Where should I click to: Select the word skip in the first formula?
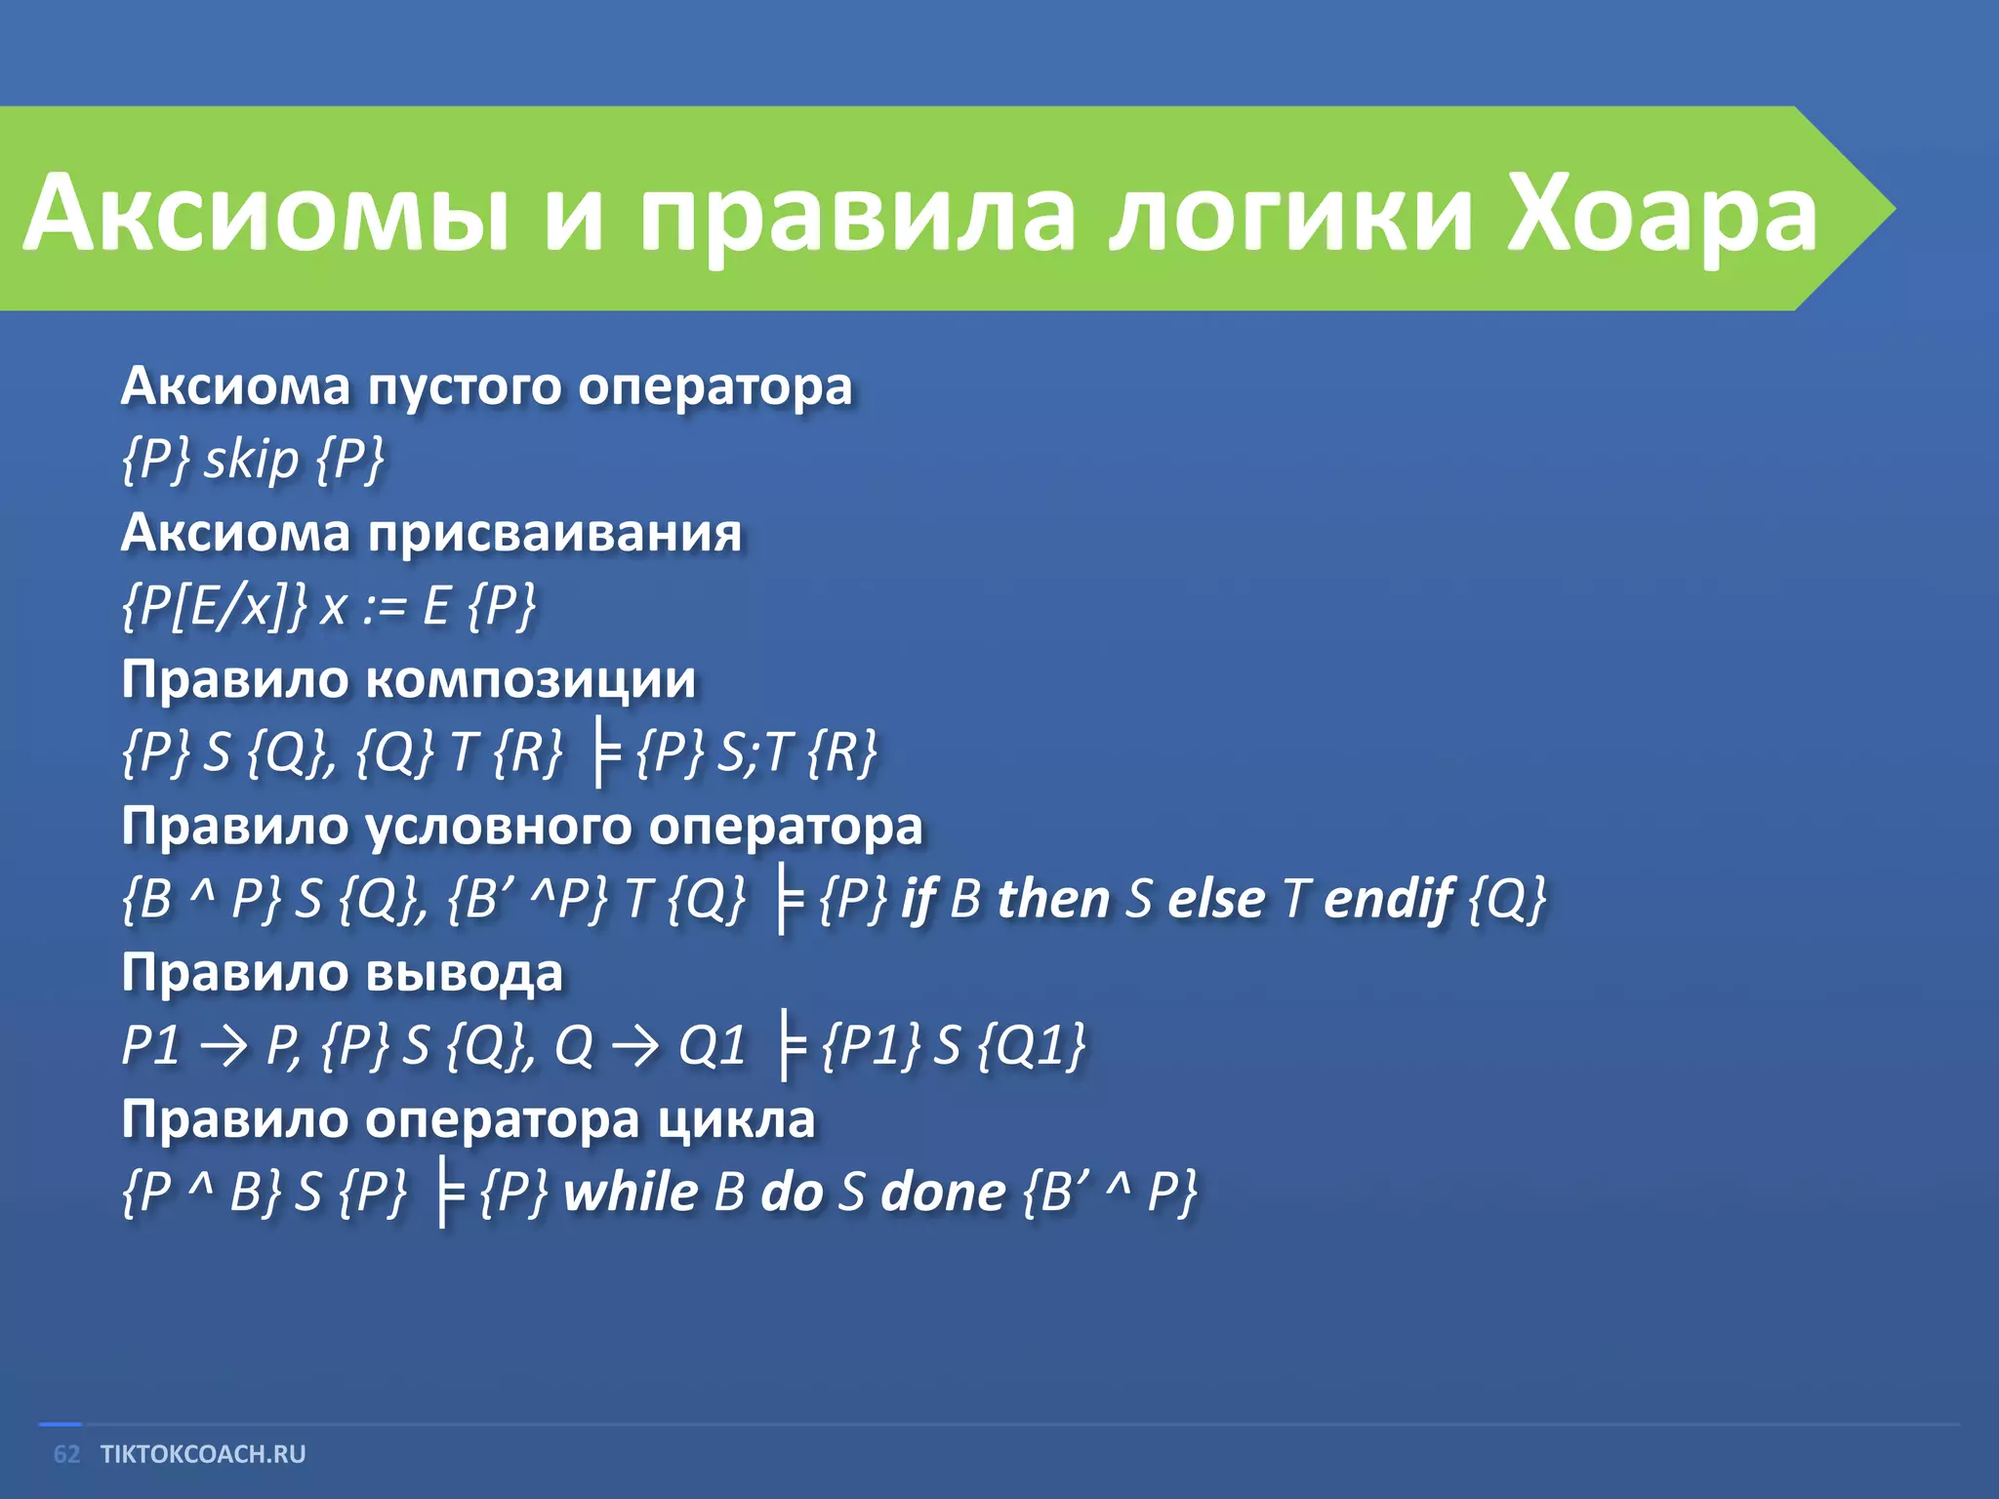click(x=251, y=459)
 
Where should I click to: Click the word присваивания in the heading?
click(x=554, y=534)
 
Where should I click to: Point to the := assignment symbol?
click(x=385, y=607)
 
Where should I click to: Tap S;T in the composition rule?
click(x=753, y=752)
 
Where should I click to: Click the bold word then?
click(x=1052, y=899)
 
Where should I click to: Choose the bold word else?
click(x=1216, y=899)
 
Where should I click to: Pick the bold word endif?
click(x=1388, y=899)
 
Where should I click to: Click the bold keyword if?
click(x=918, y=899)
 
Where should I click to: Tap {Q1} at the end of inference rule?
click(x=1031, y=1045)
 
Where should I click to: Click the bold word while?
click(x=631, y=1192)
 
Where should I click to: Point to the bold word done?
click(x=942, y=1192)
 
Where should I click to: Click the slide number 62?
click(x=66, y=1454)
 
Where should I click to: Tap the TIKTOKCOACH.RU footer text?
click(x=203, y=1454)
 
